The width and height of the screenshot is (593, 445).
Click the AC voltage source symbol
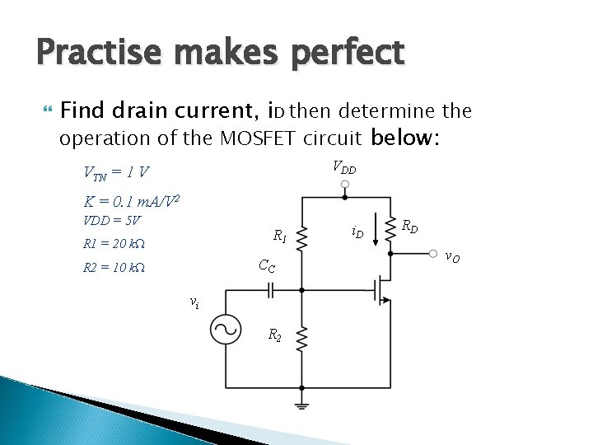(226, 330)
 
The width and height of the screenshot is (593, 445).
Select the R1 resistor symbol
(302, 238)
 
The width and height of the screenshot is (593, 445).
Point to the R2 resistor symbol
(302, 337)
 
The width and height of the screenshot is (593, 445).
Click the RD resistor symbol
(390, 224)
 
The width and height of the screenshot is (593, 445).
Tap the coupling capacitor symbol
(269, 290)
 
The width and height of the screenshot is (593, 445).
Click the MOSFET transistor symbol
(381, 291)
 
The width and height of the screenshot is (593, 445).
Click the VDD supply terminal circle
(346, 185)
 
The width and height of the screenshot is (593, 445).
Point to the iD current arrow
(376, 231)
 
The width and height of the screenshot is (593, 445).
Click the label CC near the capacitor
(267, 265)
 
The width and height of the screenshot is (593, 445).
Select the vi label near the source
(194, 302)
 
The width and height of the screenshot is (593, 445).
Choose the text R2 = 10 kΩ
(114, 267)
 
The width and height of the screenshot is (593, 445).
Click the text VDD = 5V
(112, 220)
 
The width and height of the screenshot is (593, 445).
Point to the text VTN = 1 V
(116, 172)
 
